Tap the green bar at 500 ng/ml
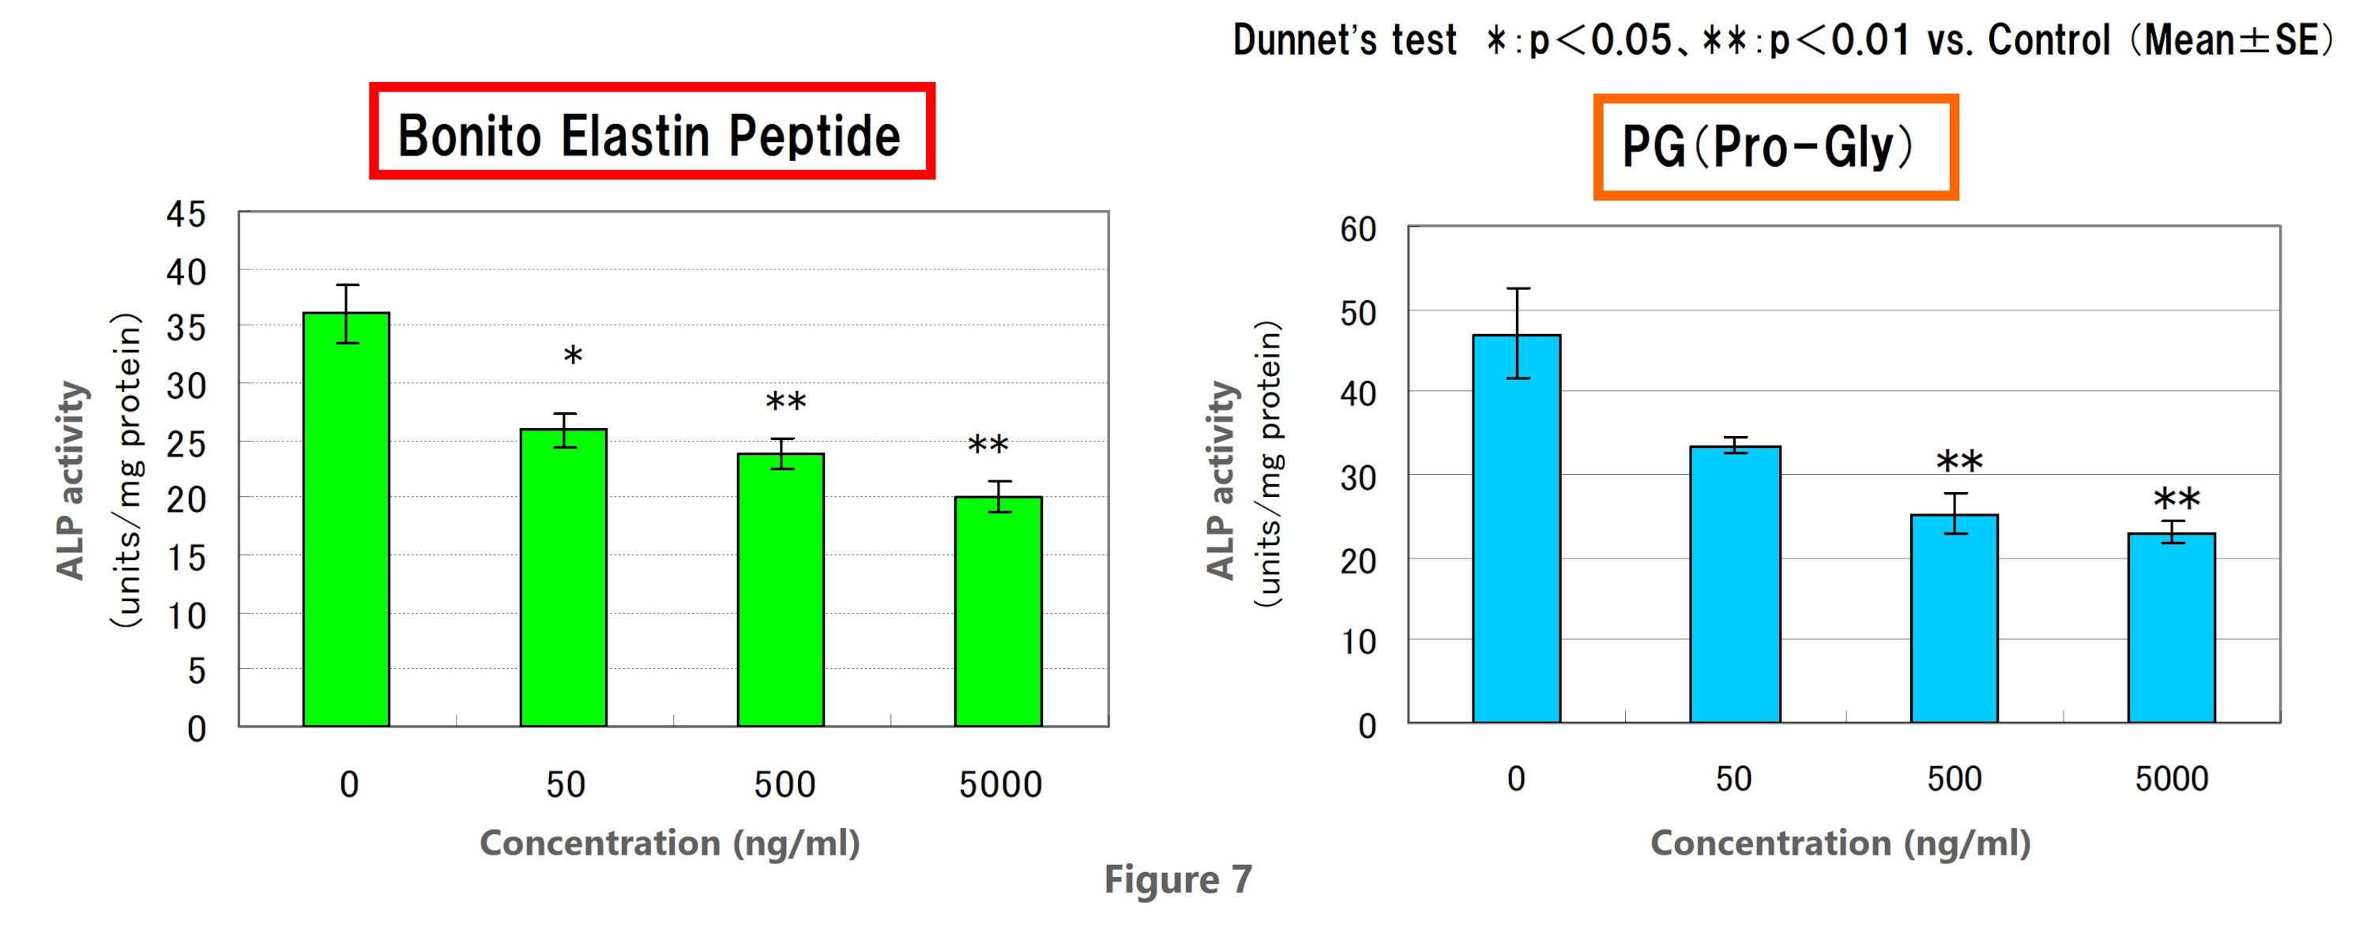point(781,589)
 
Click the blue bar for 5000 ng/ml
point(2171,627)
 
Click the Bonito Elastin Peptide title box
point(652,132)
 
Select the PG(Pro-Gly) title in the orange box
point(1775,146)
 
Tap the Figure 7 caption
point(1178,879)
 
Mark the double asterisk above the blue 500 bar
point(1959,461)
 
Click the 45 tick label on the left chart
point(186,215)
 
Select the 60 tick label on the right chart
point(1357,229)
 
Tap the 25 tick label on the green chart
point(186,444)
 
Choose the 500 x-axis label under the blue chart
point(1954,780)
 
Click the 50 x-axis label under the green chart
point(565,785)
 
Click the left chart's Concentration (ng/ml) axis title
point(670,843)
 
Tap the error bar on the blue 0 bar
point(1518,333)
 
